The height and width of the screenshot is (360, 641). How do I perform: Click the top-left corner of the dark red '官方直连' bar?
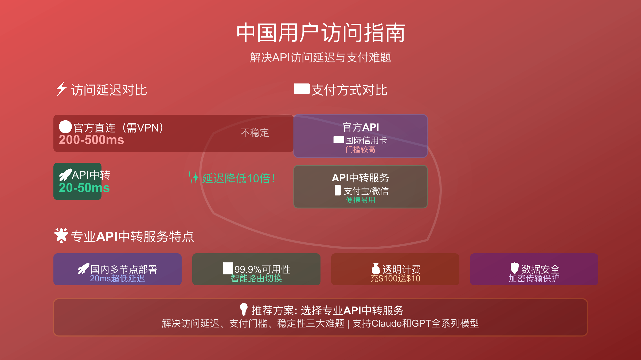[54, 115]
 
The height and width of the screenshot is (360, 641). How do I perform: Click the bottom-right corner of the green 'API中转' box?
[101, 200]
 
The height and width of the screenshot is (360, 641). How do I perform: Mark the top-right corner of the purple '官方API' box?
[427, 115]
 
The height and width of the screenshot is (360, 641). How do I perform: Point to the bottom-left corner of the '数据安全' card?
[470, 285]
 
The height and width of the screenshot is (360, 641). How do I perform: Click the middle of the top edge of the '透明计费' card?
[395, 254]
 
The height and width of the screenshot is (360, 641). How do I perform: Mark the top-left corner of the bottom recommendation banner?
[54, 299]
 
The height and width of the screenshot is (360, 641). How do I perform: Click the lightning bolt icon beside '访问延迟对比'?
[61, 88]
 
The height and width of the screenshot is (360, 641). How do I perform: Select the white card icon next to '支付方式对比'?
[302, 89]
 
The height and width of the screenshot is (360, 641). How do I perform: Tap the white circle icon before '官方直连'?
[65, 127]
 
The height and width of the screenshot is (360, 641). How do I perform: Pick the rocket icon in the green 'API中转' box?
[65, 175]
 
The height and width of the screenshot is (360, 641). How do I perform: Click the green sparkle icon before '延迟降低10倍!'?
[194, 177]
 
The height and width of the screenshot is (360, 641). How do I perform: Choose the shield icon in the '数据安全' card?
[514, 268]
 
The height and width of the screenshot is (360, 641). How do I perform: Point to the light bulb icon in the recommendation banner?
[244, 309]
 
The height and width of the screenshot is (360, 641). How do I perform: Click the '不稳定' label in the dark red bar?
[255, 133]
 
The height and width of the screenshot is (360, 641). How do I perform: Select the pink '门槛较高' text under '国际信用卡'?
[361, 149]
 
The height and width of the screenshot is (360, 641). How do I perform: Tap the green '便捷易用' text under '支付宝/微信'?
[361, 200]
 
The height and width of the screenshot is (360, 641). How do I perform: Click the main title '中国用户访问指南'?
[321, 33]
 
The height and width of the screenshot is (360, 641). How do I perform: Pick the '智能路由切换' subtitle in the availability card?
[256, 278]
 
